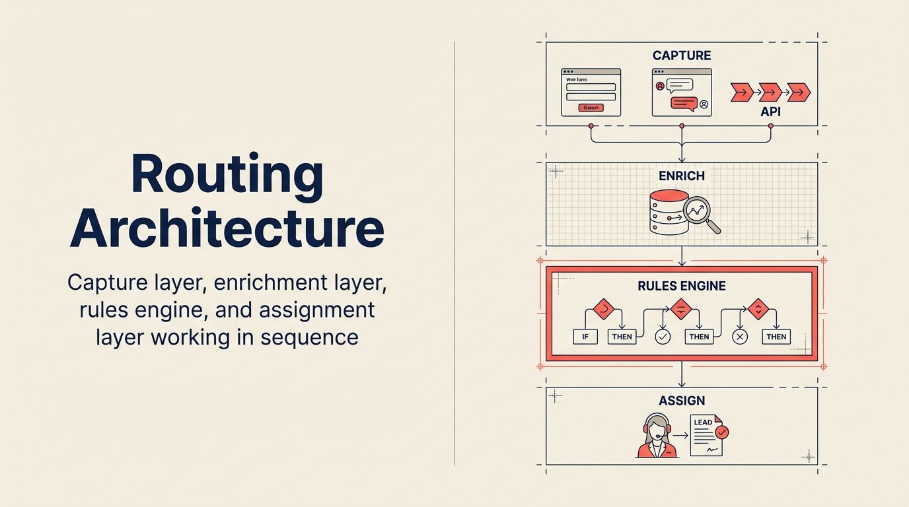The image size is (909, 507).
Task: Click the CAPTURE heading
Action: (x=682, y=55)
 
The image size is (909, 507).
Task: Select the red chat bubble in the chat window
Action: (x=684, y=103)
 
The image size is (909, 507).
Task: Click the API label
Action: (x=770, y=112)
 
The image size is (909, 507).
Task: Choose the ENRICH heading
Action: (x=682, y=176)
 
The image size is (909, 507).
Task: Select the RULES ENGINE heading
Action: (x=682, y=286)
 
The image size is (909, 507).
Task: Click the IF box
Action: (x=585, y=337)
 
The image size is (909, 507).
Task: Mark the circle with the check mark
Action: (x=663, y=337)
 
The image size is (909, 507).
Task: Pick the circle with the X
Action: (x=740, y=337)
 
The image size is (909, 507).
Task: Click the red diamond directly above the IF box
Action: (x=603, y=308)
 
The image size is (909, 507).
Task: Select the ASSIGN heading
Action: (x=682, y=401)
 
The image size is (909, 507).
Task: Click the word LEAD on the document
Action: (x=702, y=422)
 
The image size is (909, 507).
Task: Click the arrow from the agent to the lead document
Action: (x=680, y=435)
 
